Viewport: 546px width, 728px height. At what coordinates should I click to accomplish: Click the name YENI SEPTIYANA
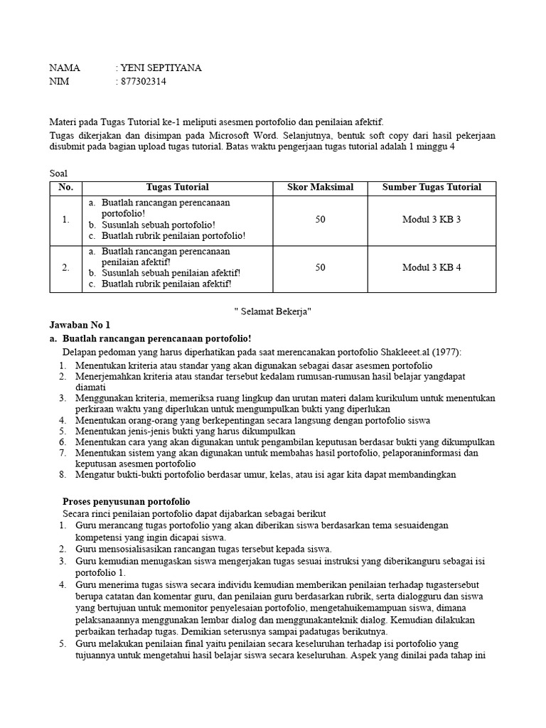click(x=161, y=68)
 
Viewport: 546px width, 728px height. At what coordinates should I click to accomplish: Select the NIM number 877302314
click(x=144, y=82)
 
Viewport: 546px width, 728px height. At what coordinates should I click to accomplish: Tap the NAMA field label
click(x=65, y=68)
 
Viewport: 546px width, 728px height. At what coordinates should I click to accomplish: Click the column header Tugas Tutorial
click(x=177, y=188)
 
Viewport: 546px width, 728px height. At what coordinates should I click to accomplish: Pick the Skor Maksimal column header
click(x=320, y=188)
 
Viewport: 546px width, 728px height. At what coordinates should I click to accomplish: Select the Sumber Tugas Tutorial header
click(x=432, y=188)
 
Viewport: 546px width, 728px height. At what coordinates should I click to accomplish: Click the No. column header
click(x=65, y=188)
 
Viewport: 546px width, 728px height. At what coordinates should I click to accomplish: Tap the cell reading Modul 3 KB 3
click(x=432, y=220)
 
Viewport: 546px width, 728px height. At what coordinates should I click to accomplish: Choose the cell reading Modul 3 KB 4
click(x=432, y=268)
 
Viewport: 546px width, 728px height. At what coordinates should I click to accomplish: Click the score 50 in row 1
click(x=320, y=220)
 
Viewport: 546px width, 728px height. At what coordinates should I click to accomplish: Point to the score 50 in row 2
click(x=320, y=268)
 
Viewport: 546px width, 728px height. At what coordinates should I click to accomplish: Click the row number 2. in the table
click(x=65, y=268)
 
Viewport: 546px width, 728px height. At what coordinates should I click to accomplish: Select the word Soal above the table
click(x=59, y=173)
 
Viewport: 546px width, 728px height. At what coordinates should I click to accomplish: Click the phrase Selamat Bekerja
click(x=273, y=311)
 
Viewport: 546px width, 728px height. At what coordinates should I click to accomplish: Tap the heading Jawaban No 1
click(x=80, y=325)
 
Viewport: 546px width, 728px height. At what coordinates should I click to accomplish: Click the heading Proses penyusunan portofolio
click(x=127, y=502)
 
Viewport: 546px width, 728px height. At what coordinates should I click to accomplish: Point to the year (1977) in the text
click(x=446, y=353)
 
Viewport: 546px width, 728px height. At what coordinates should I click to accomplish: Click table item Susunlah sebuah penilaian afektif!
click(x=171, y=273)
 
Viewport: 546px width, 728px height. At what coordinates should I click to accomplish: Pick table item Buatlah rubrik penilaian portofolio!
click(x=173, y=235)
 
